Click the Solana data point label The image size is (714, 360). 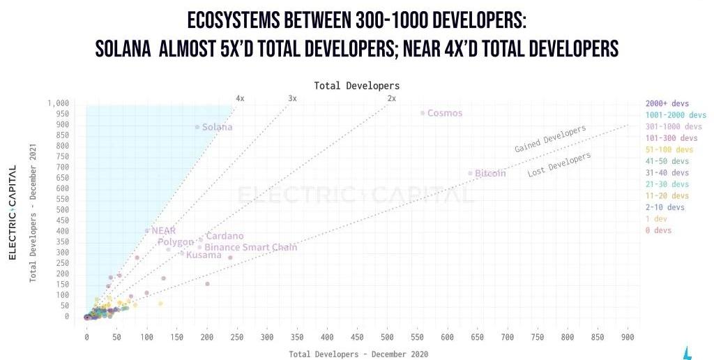coord(218,128)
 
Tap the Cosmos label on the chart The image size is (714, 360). coord(444,113)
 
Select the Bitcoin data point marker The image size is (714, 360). coord(470,173)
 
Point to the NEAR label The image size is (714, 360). coord(164,230)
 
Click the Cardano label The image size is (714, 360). coord(225,237)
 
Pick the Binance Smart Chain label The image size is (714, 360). coord(250,248)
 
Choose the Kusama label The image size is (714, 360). coord(204,255)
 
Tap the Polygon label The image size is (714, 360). coord(175,242)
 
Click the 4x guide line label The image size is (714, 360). coord(240,98)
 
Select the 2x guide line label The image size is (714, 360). coord(391,98)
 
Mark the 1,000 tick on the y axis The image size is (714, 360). coord(59,103)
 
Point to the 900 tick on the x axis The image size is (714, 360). coord(628,337)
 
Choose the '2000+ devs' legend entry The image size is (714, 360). coord(667,103)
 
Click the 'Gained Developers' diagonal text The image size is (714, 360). coord(550,139)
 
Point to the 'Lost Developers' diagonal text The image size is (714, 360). coord(559,165)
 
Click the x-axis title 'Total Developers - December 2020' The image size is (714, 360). coord(358,354)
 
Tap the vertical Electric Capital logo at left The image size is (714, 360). coord(13,212)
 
